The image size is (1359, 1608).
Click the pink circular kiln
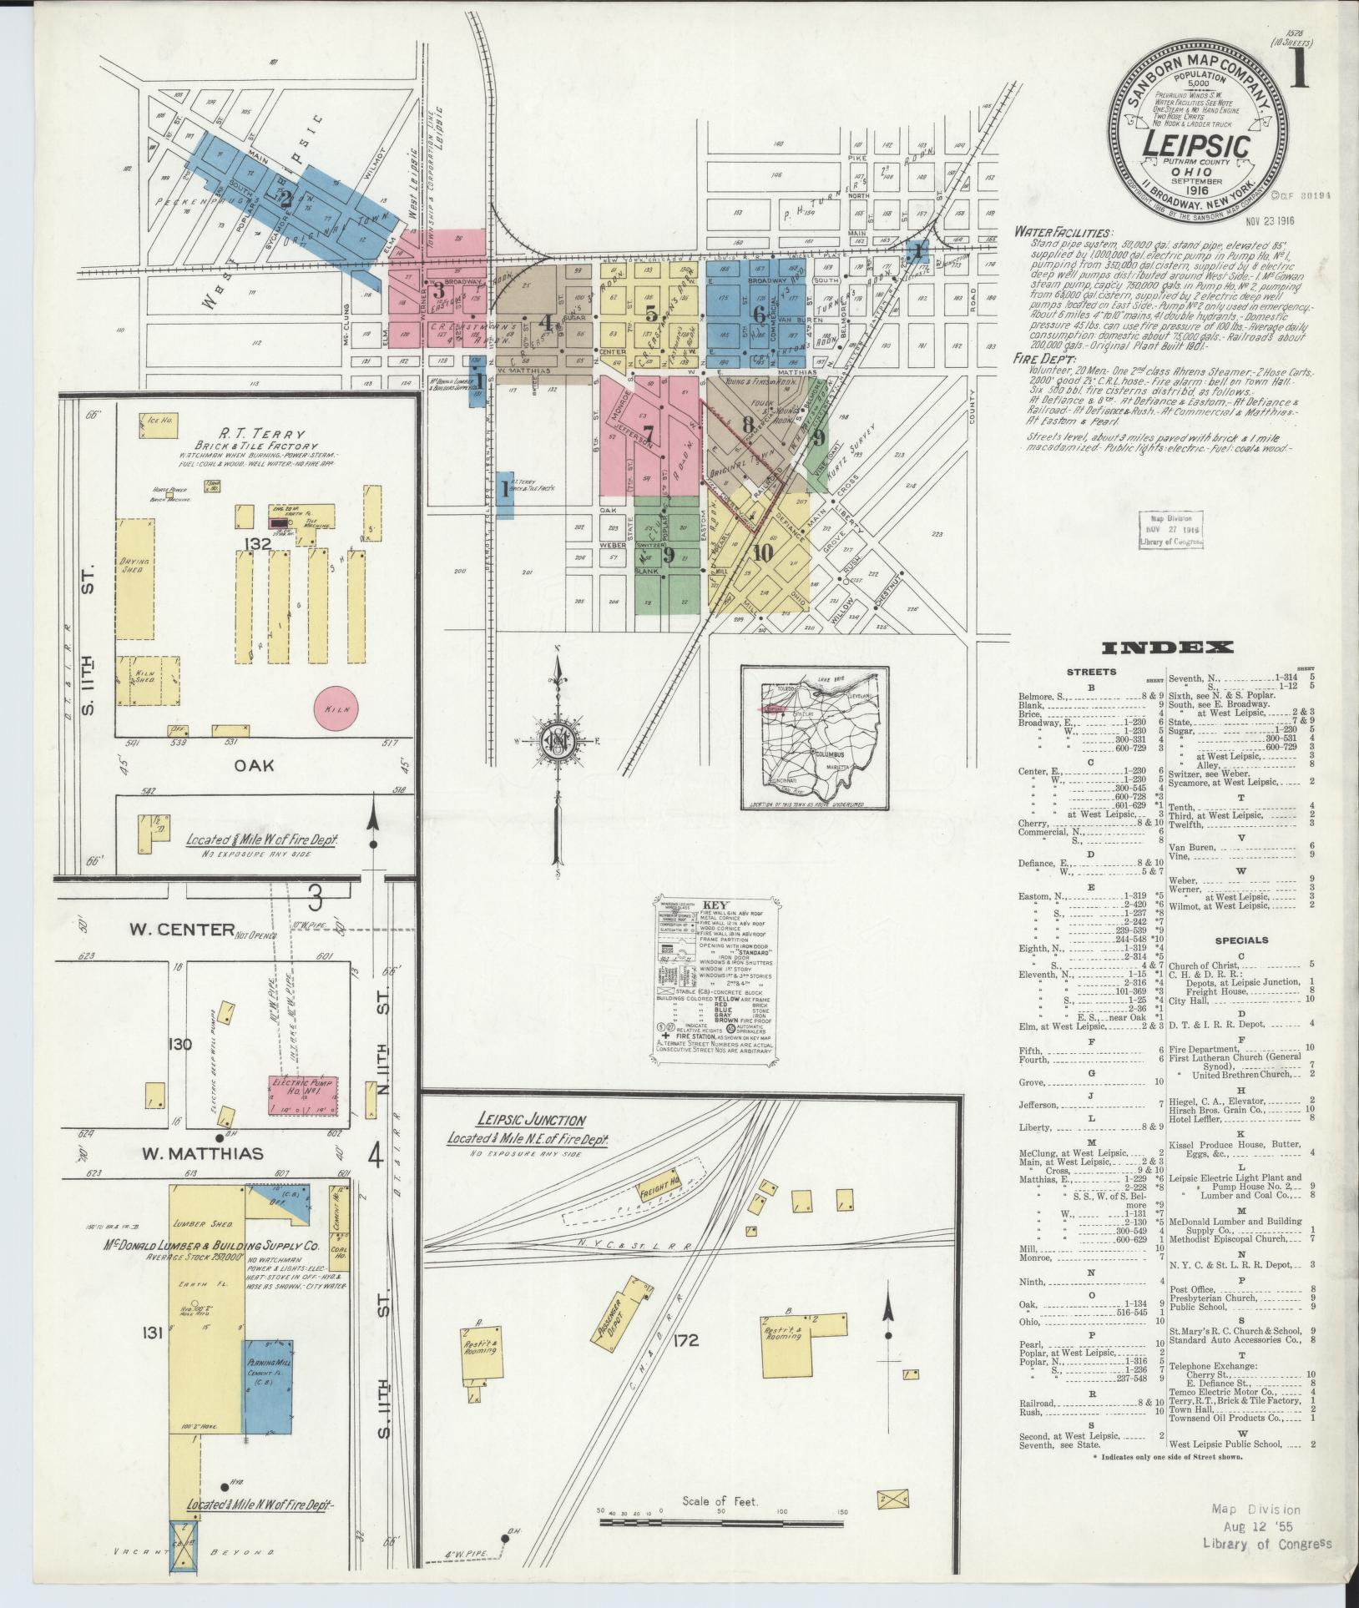tap(336, 708)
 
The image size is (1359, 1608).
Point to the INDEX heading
tap(1167, 648)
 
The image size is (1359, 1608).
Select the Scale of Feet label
tap(720, 1501)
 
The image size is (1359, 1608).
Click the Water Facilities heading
tap(1063, 234)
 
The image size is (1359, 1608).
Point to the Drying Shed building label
tap(135, 566)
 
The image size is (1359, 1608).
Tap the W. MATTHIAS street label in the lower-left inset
tap(202, 1154)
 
